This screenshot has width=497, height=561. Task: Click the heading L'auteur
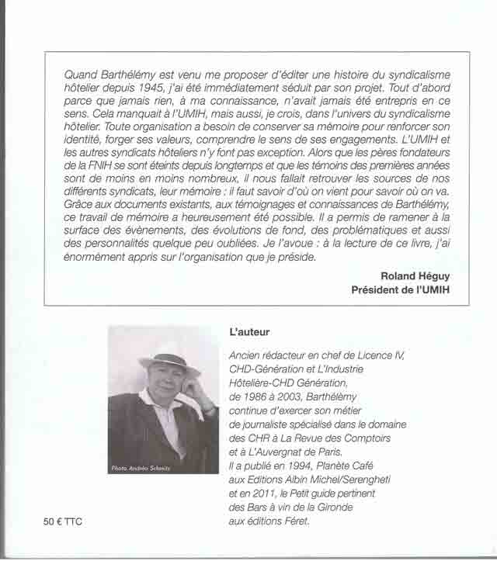pos(249,333)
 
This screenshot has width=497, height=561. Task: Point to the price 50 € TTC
pos(63,522)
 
